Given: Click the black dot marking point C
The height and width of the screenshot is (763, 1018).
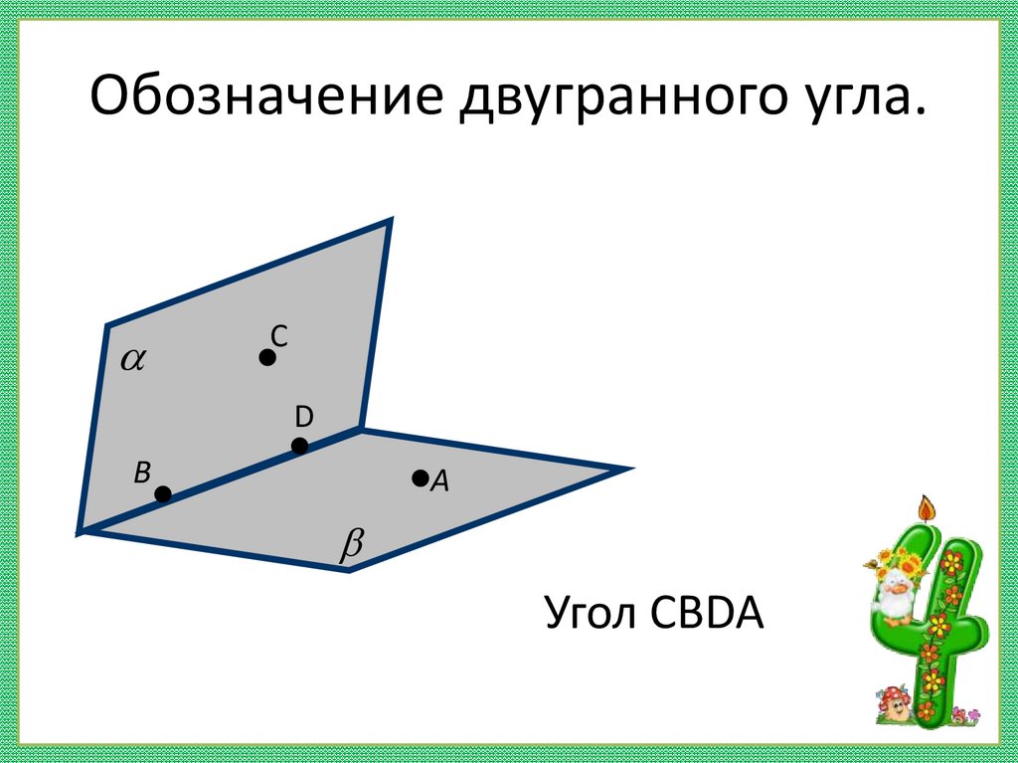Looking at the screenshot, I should point(267,357).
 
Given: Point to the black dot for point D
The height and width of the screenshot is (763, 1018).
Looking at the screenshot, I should point(300,446).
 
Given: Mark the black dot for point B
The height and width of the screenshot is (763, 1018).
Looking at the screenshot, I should point(163,493).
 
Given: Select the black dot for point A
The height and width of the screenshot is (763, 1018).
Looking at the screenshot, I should point(420,478).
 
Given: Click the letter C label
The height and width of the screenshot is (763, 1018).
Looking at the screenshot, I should point(279,337).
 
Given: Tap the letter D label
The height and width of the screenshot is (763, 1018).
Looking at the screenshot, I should point(303,416).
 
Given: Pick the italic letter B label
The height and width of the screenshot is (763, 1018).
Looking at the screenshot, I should point(142,472).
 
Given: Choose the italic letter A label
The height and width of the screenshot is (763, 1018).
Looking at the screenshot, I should point(440,482).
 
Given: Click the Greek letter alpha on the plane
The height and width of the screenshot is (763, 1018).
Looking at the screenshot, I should point(132,359).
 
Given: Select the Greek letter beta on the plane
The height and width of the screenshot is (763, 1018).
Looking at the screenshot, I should point(353,545).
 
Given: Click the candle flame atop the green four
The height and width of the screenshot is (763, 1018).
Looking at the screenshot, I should point(929,508).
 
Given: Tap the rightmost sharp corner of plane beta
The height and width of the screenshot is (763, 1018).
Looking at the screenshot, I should point(630,468).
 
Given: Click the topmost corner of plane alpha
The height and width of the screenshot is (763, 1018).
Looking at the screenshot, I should point(390,220).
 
